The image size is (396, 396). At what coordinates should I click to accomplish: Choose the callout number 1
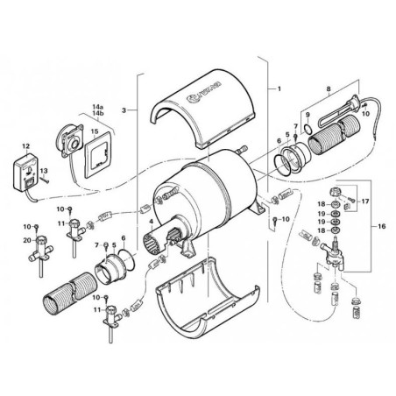(279, 89)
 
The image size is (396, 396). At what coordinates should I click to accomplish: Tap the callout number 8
(328, 89)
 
